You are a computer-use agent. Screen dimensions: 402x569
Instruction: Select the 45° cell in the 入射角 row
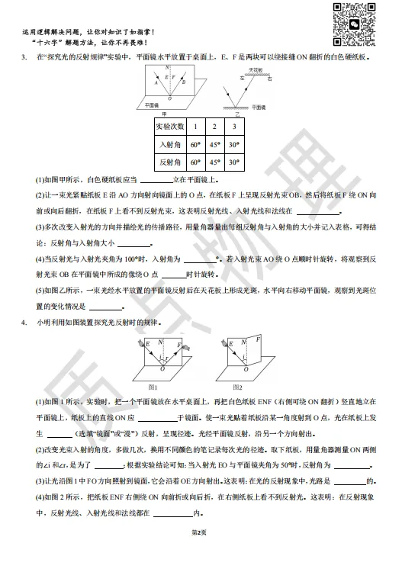215,144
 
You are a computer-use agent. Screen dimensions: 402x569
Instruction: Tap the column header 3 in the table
236,126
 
